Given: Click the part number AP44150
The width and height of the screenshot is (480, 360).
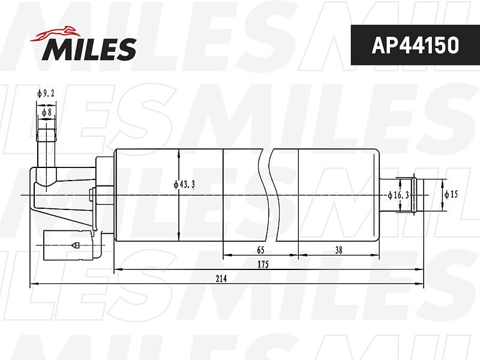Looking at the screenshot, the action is (x=415, y=46).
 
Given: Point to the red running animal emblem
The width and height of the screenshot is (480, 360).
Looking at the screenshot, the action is (x=55, y=34).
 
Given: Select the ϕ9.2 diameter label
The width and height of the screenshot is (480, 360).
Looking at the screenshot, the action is (x=46, y=93).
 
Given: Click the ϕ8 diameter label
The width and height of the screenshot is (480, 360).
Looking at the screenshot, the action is (x=47, y=112).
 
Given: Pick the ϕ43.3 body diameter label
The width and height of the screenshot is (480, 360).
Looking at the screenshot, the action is (x=184, y=185).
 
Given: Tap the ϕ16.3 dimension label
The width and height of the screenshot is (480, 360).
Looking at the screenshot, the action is (x=398, y=196).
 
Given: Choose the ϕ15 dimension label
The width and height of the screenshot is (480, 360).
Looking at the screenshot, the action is (x=452, y=194).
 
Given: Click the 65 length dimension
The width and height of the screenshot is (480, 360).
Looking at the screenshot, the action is (x=260, y=250).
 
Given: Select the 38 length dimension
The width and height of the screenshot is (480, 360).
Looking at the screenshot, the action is (x=338, y=250).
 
